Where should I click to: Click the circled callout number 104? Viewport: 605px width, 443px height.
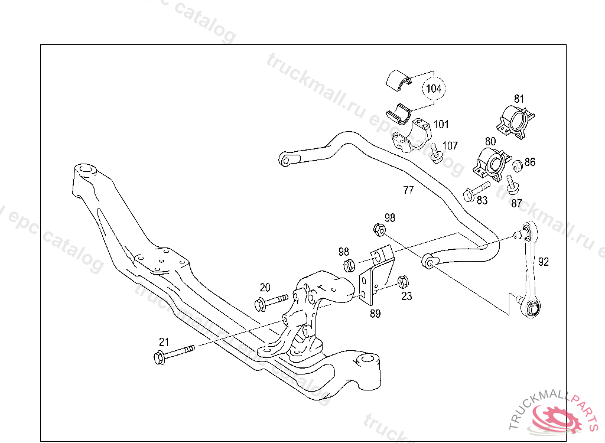[x=434, y=89]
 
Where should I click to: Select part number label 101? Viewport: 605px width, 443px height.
[x=441, y=125]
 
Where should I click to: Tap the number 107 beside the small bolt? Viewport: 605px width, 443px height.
[x=450, y=145]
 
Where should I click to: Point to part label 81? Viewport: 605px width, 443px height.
[x=519, y=99]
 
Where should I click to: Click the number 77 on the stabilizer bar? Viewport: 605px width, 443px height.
[x=408, y=190]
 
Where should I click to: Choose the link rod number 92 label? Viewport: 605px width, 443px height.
[x=544, y=262]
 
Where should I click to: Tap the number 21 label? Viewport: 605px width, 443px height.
[x=164, y=341]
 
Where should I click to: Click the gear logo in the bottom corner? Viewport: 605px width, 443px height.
[x=555, y=420]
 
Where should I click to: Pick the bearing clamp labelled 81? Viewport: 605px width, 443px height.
[x=514, y=122]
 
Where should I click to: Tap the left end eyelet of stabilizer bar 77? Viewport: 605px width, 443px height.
[x=288, y=159]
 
